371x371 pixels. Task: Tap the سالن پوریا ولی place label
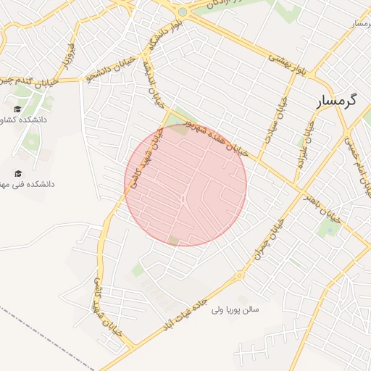[x=235, y=309]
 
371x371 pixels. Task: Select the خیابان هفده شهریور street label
[x=217, y=138]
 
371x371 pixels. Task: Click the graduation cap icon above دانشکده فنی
[x=17, y=173]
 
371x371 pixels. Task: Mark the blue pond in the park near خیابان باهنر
[x=331, y=230]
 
